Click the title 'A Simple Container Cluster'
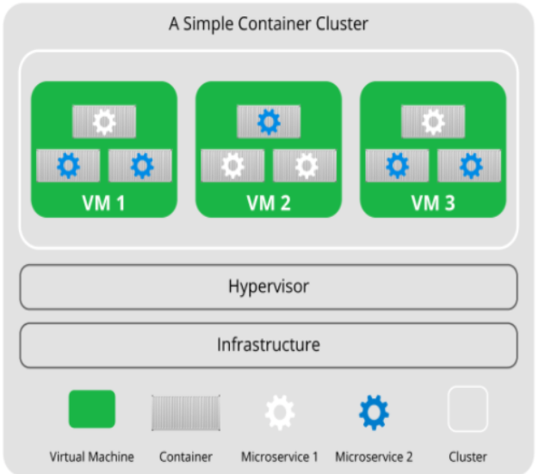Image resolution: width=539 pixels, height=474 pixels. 268,23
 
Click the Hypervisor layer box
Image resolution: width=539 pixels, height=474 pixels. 268,286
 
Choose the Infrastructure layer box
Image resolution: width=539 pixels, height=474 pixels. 268,345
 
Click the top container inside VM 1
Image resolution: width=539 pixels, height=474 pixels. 104,122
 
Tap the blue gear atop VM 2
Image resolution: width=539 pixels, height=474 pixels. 269,122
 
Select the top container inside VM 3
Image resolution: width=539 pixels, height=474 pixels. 433,122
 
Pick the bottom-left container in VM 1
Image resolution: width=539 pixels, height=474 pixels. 68,165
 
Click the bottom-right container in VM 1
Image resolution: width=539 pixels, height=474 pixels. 140,165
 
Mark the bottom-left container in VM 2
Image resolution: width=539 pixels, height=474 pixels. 232,165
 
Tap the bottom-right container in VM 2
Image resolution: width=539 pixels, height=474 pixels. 305,165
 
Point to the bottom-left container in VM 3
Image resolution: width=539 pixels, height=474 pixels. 397,165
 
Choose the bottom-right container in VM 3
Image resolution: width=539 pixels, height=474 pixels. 469,165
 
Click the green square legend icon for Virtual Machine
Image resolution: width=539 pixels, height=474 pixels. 91,409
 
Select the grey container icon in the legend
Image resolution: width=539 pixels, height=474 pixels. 186,413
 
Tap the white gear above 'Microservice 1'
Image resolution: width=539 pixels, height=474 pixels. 279,413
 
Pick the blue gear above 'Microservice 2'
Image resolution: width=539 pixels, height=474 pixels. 374,413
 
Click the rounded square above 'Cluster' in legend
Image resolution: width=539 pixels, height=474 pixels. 468,409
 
